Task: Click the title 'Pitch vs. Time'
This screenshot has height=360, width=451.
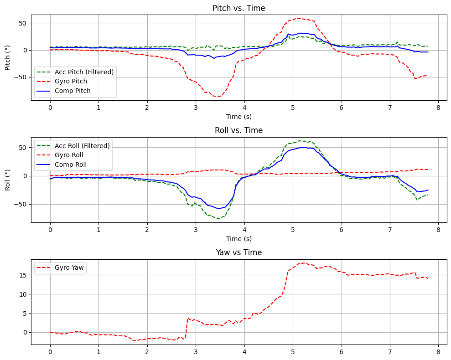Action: pyautogui.click(x=239, y=8)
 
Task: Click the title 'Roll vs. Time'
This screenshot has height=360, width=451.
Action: pyautogui.click(x=239, y=130)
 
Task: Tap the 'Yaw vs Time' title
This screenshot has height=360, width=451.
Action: pyautogui.click(x=239, y=252)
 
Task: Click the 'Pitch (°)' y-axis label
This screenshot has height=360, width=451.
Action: pyautogui.click(x=8, y=57)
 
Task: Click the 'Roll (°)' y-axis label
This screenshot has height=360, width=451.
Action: pyautogui.click(x=8, y=180)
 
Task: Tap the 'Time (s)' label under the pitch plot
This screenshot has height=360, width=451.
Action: pyautogui.click(x=239, y=117)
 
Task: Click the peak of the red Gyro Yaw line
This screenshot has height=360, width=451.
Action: pyautogui.click(x=302, y=263)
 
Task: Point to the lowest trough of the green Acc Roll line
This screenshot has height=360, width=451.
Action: pyautogui.click(x=218, y=218)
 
